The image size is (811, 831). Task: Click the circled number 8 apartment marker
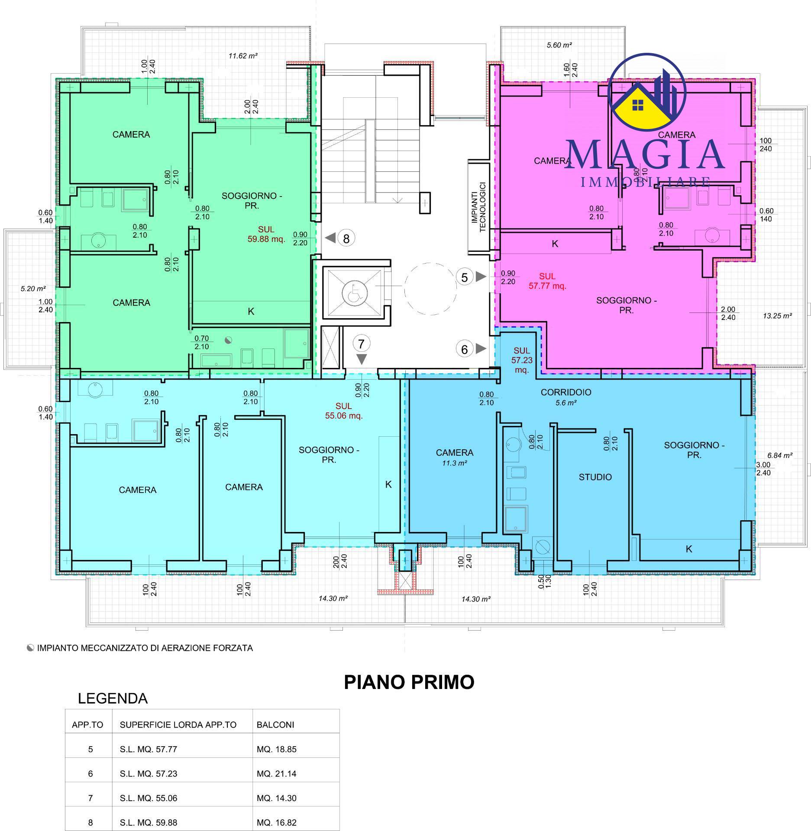[x=346, y=238]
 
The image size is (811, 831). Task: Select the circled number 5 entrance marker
[x=465, y=277]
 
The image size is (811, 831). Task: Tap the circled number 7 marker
[x=362, y=344]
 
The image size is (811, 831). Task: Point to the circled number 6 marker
[x=465, y=349]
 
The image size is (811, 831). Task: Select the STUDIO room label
[x=595, y=477]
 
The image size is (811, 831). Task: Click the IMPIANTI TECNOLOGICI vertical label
[x=479, y=207]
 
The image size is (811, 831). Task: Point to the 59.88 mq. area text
[x=266, y=239]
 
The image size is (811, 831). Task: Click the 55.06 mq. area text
[x=344, y=416]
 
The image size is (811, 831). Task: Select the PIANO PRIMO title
[x=409, y=682]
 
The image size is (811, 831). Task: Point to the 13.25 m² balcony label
[x=777, y=316]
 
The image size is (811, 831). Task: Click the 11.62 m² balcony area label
[x=243, y=55]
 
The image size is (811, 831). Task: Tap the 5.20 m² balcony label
[x=33, y=288]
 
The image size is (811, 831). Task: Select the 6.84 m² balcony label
[x=780, y=455]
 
